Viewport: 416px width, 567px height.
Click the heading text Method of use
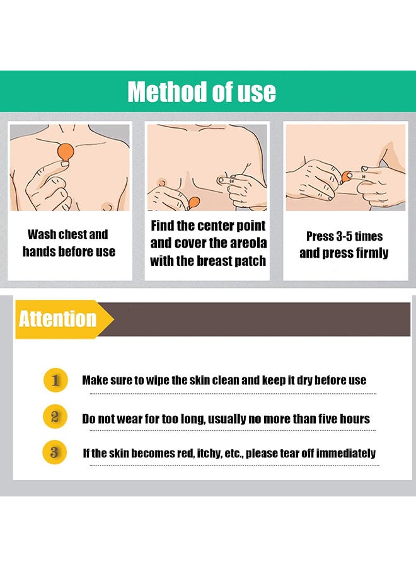202,92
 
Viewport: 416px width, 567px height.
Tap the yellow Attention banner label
57,319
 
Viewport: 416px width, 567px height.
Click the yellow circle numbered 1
55,380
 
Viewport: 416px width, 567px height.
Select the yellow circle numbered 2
55,416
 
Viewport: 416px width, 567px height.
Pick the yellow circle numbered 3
55,452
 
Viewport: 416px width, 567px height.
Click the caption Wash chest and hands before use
69,243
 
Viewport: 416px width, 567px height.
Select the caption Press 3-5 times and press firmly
344,245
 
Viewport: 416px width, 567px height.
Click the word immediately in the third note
346,453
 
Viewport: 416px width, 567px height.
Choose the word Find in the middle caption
163,226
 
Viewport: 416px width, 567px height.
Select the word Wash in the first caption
41,235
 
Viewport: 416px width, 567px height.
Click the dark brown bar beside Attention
258,319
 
